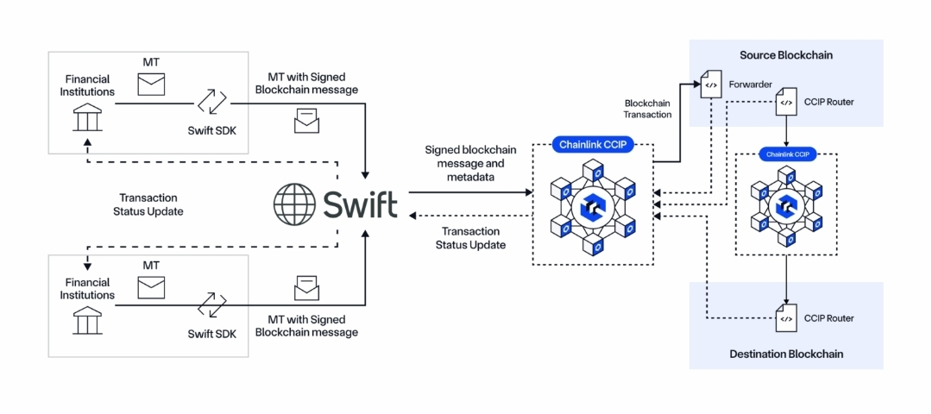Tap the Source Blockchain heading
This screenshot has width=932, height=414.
[x=786, y=55]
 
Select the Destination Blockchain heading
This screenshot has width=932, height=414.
[x=786, y=354]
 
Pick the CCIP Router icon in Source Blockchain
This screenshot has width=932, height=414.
[x=786, y=102]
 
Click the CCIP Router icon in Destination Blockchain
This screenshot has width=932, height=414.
[x=786, y=319]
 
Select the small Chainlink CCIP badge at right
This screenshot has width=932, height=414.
[x=787, y=154]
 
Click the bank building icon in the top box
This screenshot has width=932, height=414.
[x=87, y=116]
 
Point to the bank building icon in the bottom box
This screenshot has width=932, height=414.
[x=87, y=320]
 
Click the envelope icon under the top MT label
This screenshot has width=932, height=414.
[x=151, y=84]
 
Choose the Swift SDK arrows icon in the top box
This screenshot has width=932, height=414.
[x=212, y=102]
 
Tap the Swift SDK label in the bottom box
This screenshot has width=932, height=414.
[x=212, y=333]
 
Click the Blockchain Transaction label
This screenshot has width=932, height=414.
[x=648, y=109]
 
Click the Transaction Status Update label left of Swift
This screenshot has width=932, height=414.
[x=148, y=204]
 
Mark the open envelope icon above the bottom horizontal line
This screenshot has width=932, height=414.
[x=306, y=289]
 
